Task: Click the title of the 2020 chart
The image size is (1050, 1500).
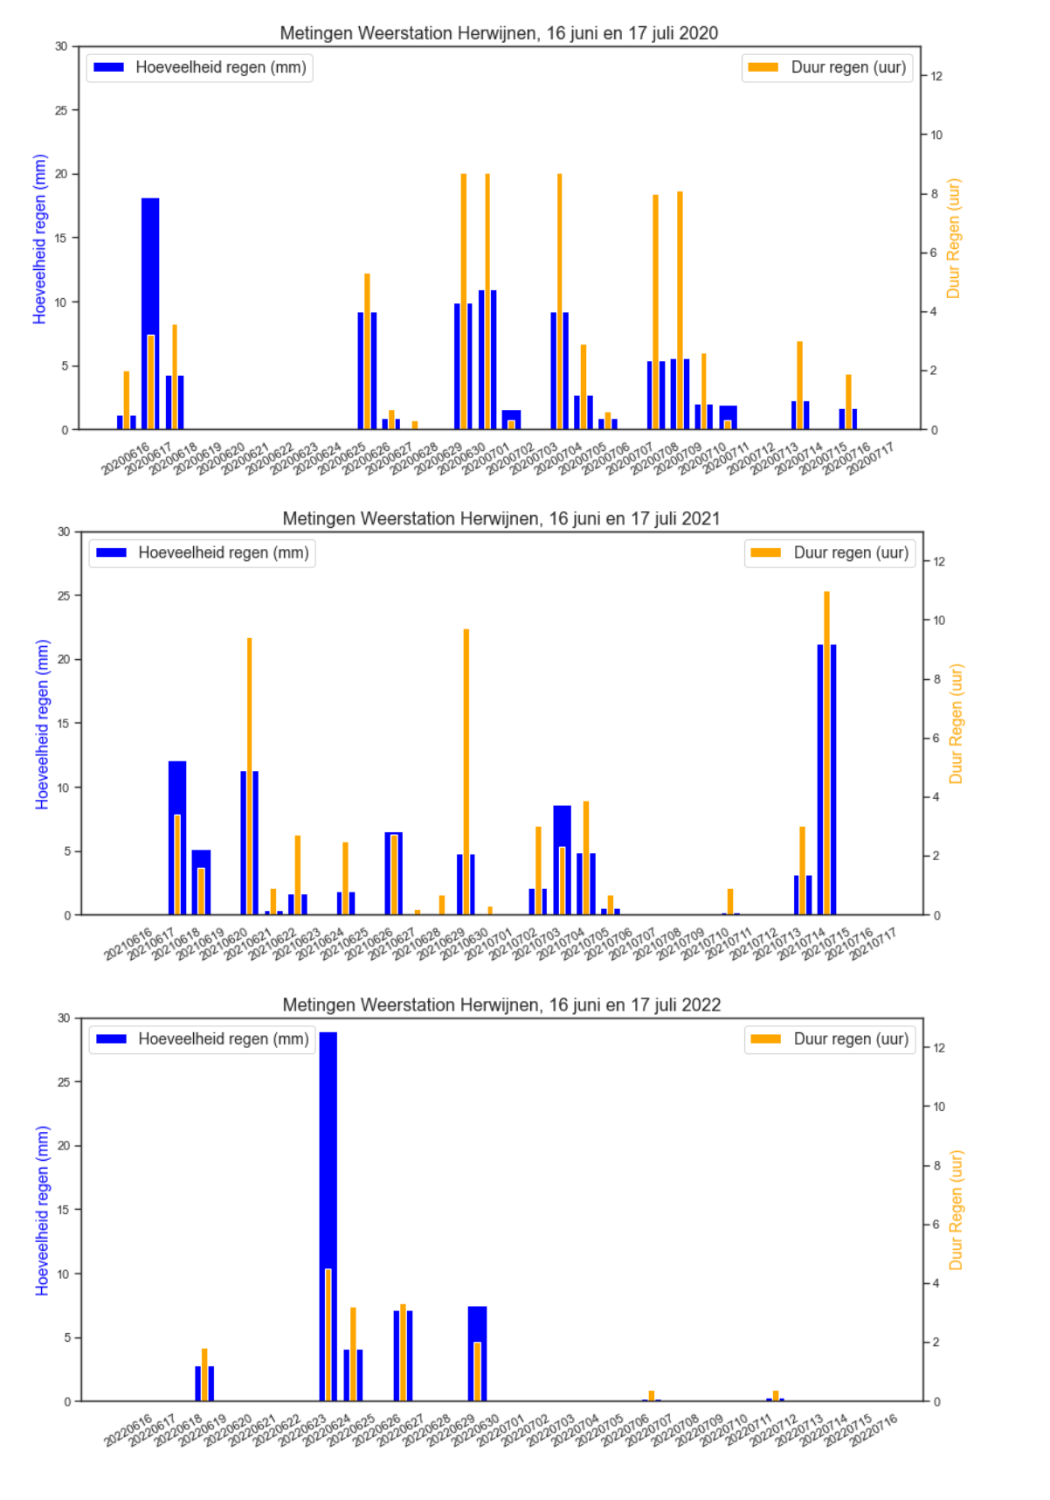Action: pos(499,33)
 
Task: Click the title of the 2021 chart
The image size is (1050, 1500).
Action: pos(501,518)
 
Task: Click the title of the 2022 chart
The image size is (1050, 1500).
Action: pos(501,1004)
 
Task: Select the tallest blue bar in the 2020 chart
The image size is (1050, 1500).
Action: pos(150,262)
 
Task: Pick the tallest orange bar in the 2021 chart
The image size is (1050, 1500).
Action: pos(826,752)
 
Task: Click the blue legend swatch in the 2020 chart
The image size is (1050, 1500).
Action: pos(109,67)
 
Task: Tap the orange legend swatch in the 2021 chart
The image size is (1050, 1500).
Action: pos(765,552)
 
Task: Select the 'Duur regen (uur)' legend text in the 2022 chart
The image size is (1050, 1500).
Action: pos(851,1038)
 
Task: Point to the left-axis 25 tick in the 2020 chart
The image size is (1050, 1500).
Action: pos(61,110)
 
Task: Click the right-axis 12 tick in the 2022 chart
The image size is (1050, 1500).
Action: pos(939,1047)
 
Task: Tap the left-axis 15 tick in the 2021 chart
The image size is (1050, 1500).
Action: pos(64,723)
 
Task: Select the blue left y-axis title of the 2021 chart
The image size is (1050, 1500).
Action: pos(42,724)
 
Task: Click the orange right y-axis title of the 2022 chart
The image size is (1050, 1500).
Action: pos(956,1210)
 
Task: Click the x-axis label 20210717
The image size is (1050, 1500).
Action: pos(873,944)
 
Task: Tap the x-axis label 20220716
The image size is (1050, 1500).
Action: pos(874,1431)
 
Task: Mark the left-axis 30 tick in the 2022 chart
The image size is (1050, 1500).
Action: pos(64,1017)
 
